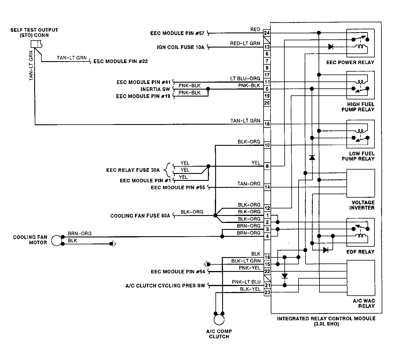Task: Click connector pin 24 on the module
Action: [267, 33]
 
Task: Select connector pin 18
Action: [267, 124]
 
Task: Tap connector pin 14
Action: [267, 187]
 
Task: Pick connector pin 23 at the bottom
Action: [267, 292]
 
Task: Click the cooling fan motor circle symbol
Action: [56, 240]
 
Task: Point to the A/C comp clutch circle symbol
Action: [219, 319]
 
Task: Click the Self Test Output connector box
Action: [36, 44]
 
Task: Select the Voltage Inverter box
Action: [361, 183]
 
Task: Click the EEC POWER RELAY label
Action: [350, 62]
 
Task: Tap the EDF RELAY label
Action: [360, 252]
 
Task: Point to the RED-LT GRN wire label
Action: [245, 43]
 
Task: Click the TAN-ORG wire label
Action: [249, 184]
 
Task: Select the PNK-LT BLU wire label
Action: [246, 282]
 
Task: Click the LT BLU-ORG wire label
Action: [245, 79]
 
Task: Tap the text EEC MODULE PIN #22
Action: [120, 61]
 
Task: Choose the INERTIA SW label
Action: [155, 89]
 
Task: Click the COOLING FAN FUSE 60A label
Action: [140, 216]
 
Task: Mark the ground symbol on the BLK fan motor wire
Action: [113, 244]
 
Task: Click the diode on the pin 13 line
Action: [331, 47]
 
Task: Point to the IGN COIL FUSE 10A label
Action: [180, 47]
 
